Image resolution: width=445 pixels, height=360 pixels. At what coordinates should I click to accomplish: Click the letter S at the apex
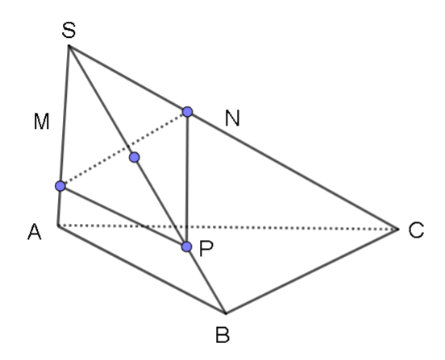coord(69,30)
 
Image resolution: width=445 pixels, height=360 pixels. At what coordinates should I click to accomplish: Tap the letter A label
coord(35,232)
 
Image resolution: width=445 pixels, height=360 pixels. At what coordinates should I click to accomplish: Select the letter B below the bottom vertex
coord(222,335)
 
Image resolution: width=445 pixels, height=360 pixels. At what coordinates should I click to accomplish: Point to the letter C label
coord(416,230)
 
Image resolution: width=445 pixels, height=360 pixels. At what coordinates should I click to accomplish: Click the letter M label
coord(41,122)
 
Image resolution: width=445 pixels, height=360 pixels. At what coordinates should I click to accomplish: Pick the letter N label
coord(232,118)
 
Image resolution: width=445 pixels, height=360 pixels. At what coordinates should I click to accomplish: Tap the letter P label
coord(206,249)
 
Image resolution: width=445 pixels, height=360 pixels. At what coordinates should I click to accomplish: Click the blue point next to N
coord(187,112)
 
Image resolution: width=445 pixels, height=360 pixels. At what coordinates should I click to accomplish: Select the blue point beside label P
coord(186,247)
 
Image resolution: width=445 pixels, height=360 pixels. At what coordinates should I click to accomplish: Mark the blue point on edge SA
coord(60,186)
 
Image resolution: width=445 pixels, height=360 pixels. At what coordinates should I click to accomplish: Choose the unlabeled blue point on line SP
coord(135,157)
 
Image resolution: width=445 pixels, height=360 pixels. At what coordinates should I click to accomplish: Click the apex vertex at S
coord(69,45)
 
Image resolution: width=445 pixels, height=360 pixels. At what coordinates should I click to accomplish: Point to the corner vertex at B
coord(226,313)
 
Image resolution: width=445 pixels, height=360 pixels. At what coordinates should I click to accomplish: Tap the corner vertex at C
coord(398,229)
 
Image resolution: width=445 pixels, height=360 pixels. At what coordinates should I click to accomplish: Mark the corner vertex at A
coord(58,226)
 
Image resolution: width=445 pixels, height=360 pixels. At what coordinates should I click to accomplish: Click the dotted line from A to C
coord(228,227)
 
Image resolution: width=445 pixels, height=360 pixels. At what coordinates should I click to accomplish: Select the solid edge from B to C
coord(312,271)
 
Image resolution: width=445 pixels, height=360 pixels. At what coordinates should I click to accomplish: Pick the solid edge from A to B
coord(142,269)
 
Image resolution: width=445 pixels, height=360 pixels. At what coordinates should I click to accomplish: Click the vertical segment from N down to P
coord(187,180)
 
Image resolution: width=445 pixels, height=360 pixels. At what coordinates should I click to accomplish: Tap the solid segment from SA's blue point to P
coord(123,217)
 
